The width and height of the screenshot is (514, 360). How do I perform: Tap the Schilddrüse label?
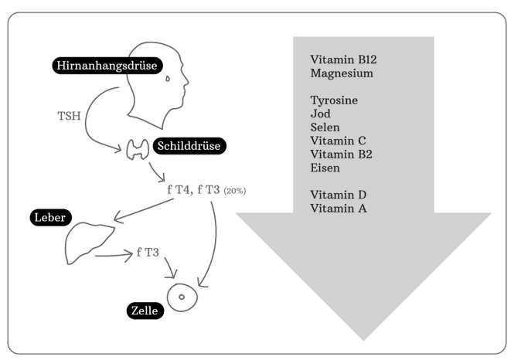coord(191,145)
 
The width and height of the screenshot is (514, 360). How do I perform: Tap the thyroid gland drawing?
coord(138,149)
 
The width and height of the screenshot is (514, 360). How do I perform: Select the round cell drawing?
coord(182,296)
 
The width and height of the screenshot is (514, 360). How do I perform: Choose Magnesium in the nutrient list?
coord(342,74)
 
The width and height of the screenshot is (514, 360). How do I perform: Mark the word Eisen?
coord(324,168)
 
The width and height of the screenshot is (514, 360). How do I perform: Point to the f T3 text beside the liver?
coord(149,252)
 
